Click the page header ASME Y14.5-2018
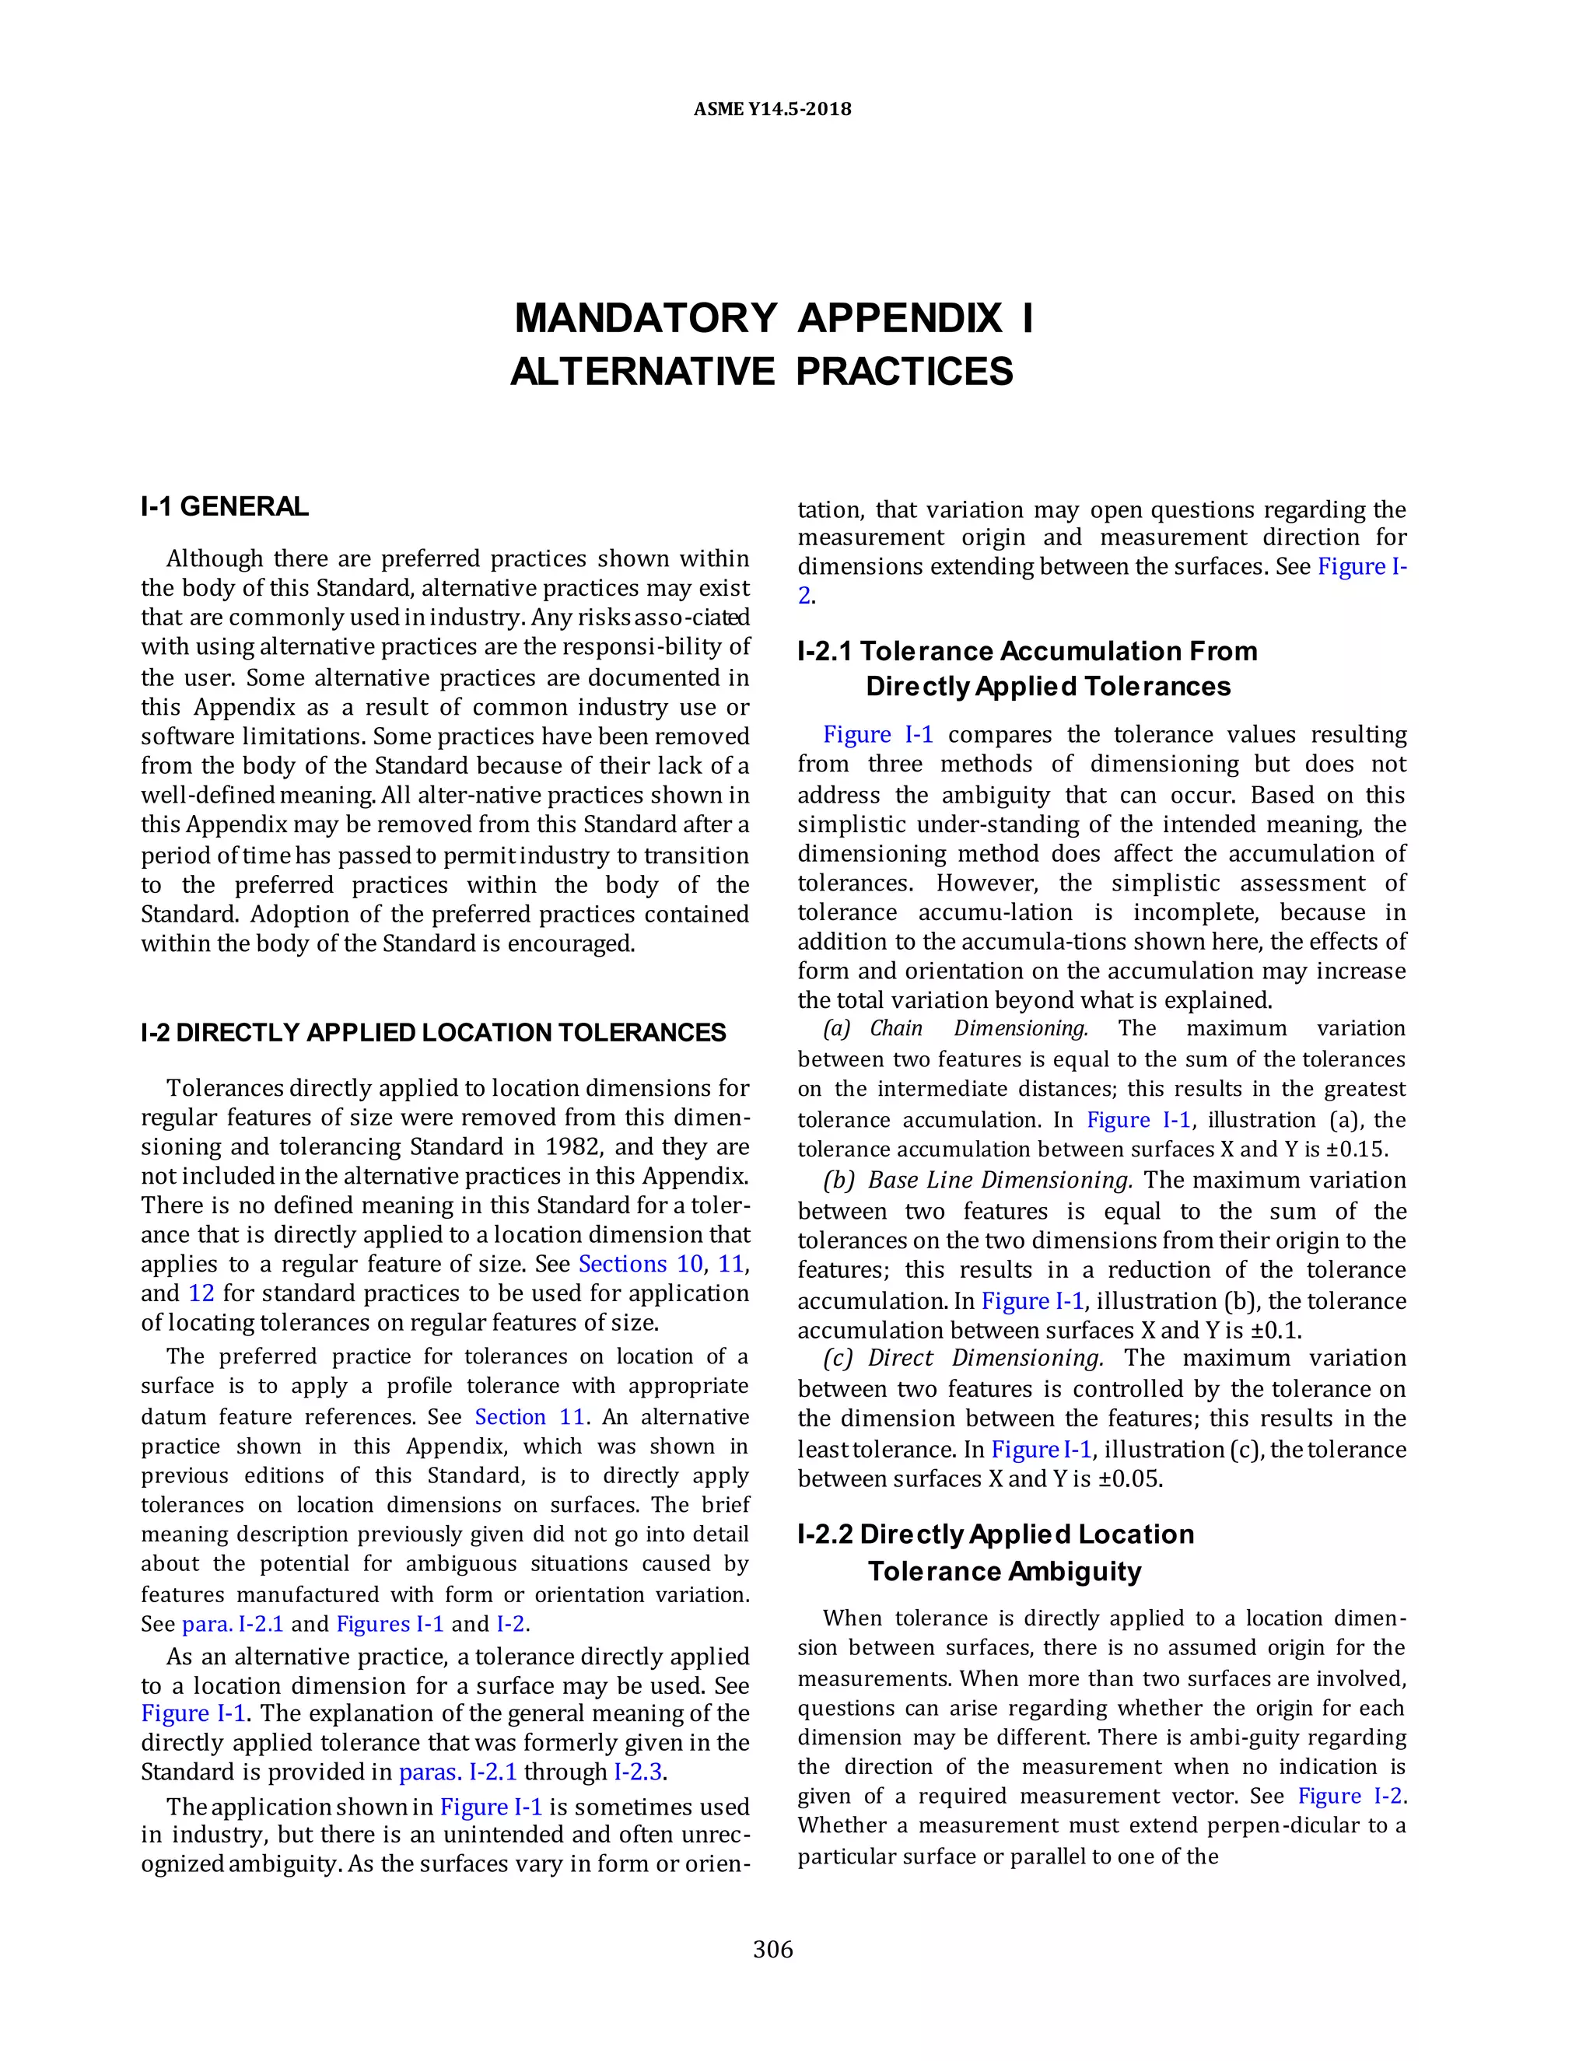tap(772, 110)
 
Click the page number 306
tap(773, 1949)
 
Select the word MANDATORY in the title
tap(646, 319)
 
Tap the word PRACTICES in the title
tap(904, 372)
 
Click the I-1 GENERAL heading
tap(225, 507)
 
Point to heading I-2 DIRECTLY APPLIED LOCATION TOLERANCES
tap(433, 1032)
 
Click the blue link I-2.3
tap(638, 1771)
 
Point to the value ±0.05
tap(1129, 1478)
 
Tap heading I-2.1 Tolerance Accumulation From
tap(1027, 651)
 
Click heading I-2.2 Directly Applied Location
tap(996, 1534)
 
